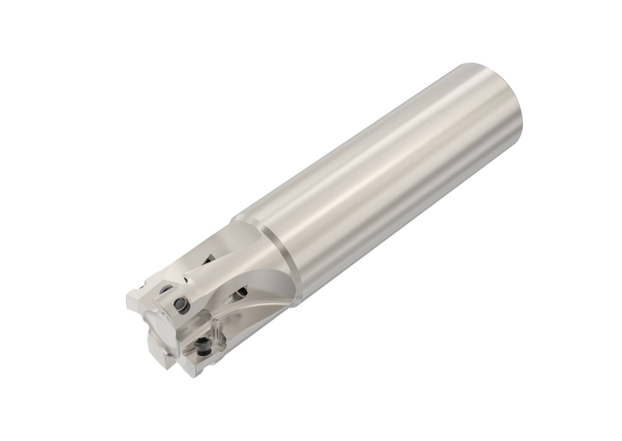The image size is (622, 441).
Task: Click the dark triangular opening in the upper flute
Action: coord(209,259)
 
